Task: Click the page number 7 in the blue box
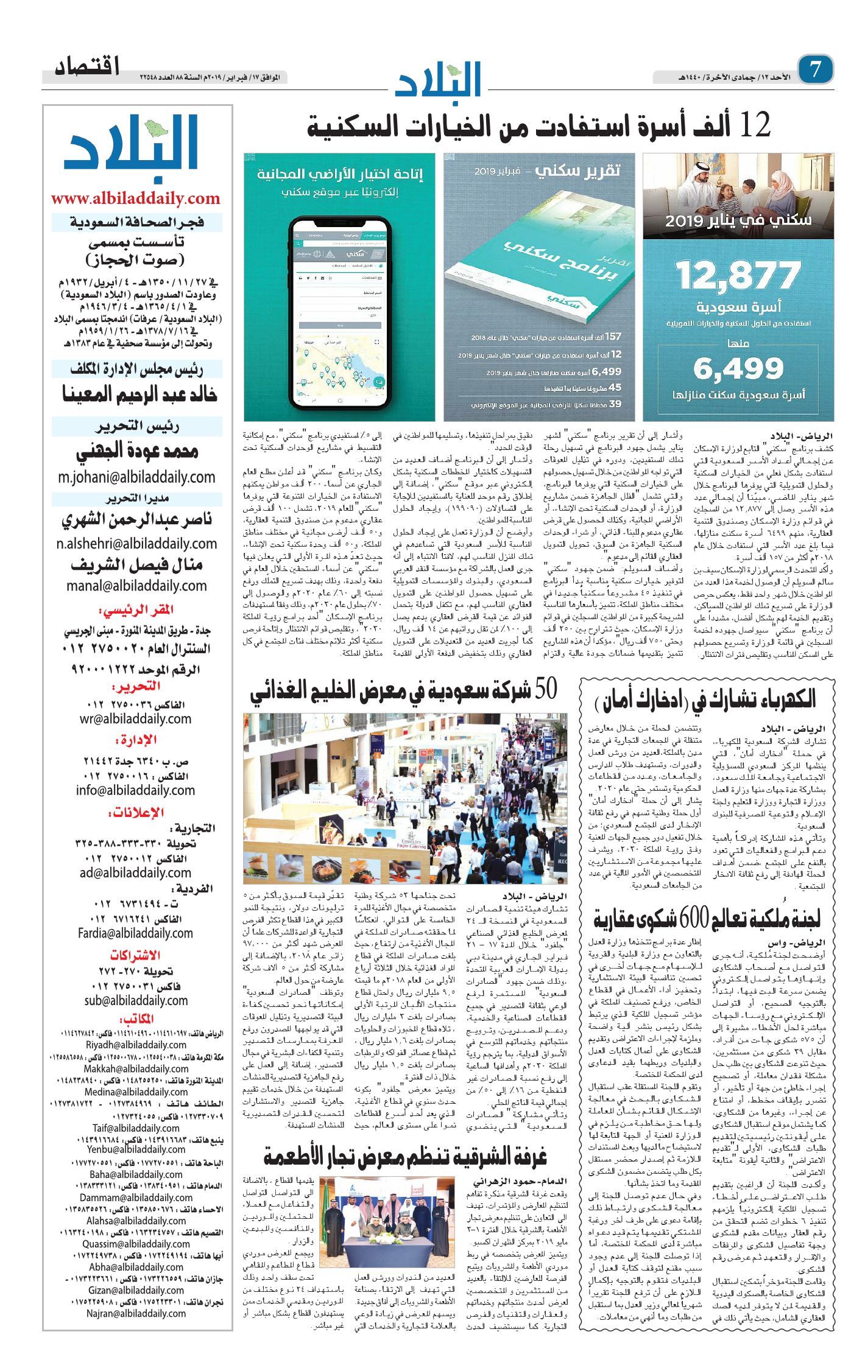[816, 69]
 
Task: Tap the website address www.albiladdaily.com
[135, 198]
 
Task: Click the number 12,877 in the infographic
[738, 275]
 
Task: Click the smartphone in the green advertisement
[339, 313]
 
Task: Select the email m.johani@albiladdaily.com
[136, 477]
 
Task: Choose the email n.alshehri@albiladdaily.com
[136, 543]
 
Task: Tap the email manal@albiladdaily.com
[136, 586]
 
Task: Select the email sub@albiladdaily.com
[136, 1000]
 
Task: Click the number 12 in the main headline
[755, 125]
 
